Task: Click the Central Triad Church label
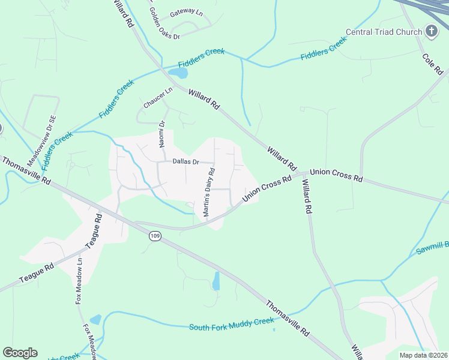pyautogui.click(x=384, y=31)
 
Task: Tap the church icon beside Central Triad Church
pyautogui.click(x=430, y=31)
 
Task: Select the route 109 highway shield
pyautogui.click(x=155, y=236)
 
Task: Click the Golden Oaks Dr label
pyautogui.click(x=163, y=24)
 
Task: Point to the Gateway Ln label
pyautogui.click(x=187, y=12)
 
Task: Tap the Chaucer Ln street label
pyautogui.click(x=157, y=98)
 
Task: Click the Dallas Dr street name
pyautogui.click(x=185, y=161)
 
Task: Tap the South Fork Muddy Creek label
pyautogui.click(x=231, y=325)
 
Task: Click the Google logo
pyautogui.click(x=20, y=353)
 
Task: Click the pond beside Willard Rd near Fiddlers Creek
pyautogui.click(x=178, y=73)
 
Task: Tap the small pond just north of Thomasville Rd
pyautogui.click(x=216, y=281)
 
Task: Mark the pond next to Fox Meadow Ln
pyautogui.click(x=95, y=320)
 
